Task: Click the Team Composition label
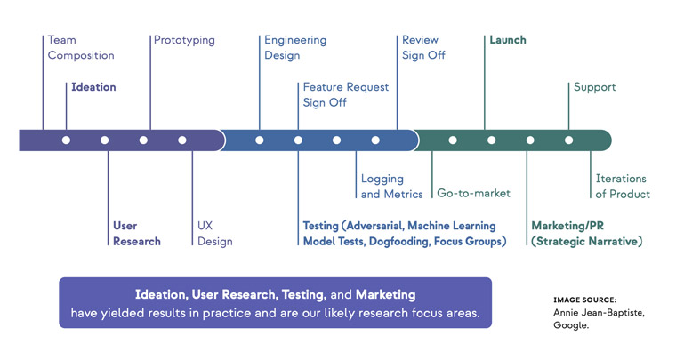pyautogui.click(x=81, y=47)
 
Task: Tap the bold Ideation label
pyautogui.click(x=93, y=87)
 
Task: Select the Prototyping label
pyautogui.click(x=184, y=41)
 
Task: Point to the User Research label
pyautogui.click(x=137, y=234)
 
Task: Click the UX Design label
pyautogui.click(x=214, y=234)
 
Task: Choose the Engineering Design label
pyautogui.click(x=295, y=48)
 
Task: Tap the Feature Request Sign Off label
pyautogui.click(x=346, y=95)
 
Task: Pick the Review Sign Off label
pyautogui.click(x=423, y=47)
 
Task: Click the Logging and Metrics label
pyautogui.click(x=391, y=187)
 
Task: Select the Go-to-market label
pyautogui.click(x=473, y=193)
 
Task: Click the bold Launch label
pyautogui.click(x=508, y=40)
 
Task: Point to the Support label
pyautogui.click(x=594, y=87)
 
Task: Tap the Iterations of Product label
pyautogui.click(x=623, y=187)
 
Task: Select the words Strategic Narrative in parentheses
pyautogui.click(x=587, y=242)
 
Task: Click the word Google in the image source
pyautogui.click(x=571, y=325)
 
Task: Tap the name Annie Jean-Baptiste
pyautogui.click(x=599, y=313)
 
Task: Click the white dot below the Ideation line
pyautogui.click(x=66, y=140)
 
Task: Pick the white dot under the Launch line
pyautogui.click(x=491, y=140)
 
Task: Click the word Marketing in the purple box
pyautogui.click(x=385, y=295)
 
